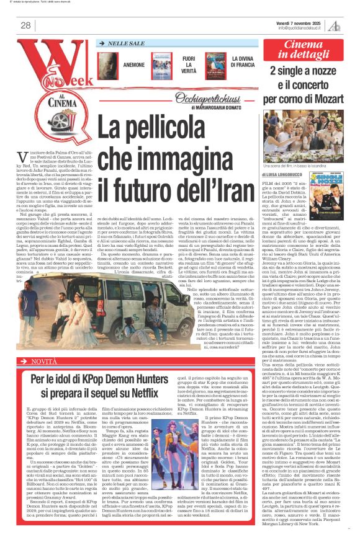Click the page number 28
(x=25, y=25)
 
